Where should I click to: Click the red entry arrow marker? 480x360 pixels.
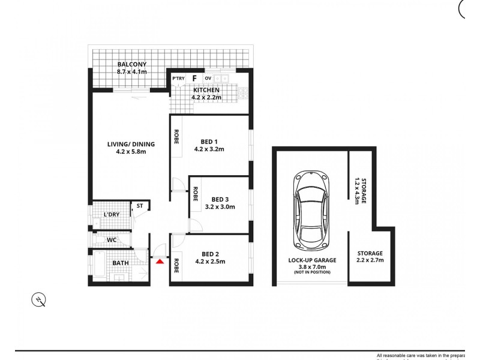[160, 260]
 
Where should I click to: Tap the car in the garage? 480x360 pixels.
[311, 211]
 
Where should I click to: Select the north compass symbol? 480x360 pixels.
[39, 299]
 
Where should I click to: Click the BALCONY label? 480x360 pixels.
[131, 65]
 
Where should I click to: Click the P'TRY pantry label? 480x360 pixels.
[178, 79]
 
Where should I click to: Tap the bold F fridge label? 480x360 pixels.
[194, 78]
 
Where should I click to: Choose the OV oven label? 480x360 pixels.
[208, 79]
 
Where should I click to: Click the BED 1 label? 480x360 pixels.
[205, 142]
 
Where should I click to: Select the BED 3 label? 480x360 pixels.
[220, 199]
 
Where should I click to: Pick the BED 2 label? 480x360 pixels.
[213, 253]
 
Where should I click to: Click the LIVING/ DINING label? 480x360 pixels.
[131, 143]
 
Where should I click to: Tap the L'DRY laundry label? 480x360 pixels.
[111, 214]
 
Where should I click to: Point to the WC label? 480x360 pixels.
[112, 240]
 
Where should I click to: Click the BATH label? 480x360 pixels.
[120, 263]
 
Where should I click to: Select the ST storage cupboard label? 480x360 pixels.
[139, 206]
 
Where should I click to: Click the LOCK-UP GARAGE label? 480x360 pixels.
[312, 260]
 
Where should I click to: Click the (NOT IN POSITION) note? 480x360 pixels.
[311, 273]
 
